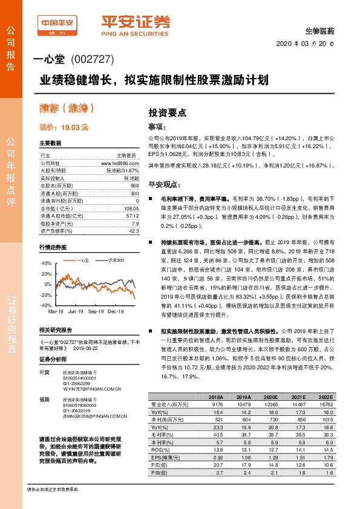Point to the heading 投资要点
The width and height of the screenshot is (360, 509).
point(168,112)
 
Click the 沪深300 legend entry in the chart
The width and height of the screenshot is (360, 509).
point(116,260)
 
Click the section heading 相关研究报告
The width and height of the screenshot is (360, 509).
point(56,330)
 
